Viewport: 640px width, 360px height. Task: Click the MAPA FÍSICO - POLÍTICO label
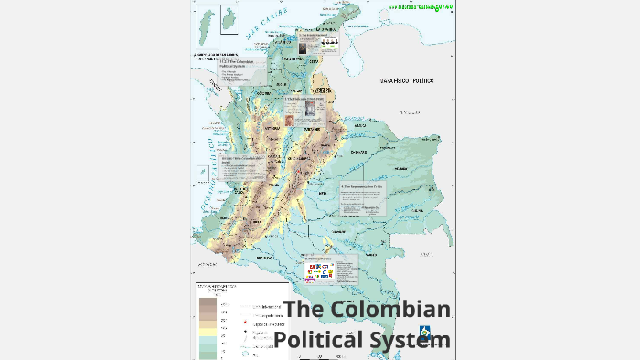(x=407, y=81)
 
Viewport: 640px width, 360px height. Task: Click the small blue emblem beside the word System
(x=425, y=331)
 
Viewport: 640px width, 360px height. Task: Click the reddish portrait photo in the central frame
(x=290, y=120)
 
